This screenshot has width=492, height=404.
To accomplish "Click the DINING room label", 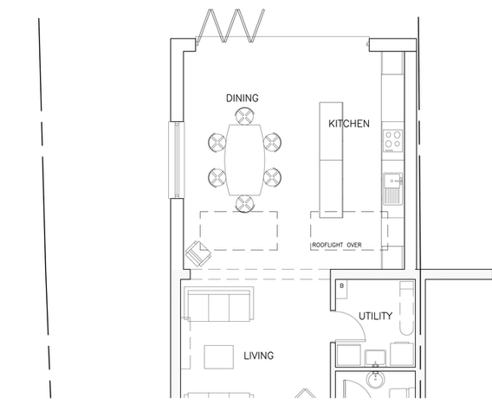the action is click(243, 98).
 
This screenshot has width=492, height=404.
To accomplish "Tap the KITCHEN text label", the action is click(348, 124).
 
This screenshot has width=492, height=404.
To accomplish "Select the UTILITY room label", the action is click(375, 316).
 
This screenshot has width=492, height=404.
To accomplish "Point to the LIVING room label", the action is click(258, 356).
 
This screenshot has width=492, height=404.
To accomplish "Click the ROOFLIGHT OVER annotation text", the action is click(337, 245).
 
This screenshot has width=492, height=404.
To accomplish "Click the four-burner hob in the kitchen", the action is click(392, 141).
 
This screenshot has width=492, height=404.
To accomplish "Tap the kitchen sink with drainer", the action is click(392, 189).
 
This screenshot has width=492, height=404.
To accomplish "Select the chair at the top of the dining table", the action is click(245, 116).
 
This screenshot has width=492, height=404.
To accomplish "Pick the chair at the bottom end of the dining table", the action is click(245, 203).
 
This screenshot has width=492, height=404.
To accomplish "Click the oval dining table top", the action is click(245, 160).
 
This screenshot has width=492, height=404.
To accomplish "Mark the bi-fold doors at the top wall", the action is click(230, 26).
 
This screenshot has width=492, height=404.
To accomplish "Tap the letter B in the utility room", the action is click(341, 285).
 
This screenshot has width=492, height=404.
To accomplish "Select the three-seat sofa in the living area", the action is click(218, 304).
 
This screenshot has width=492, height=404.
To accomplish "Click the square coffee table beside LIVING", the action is click(218, 357).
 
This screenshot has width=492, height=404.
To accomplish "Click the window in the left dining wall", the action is click(177, 160).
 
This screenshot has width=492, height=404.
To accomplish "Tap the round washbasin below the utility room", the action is click(375, 380).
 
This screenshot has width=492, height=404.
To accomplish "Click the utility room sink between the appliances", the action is click(375, 357).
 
